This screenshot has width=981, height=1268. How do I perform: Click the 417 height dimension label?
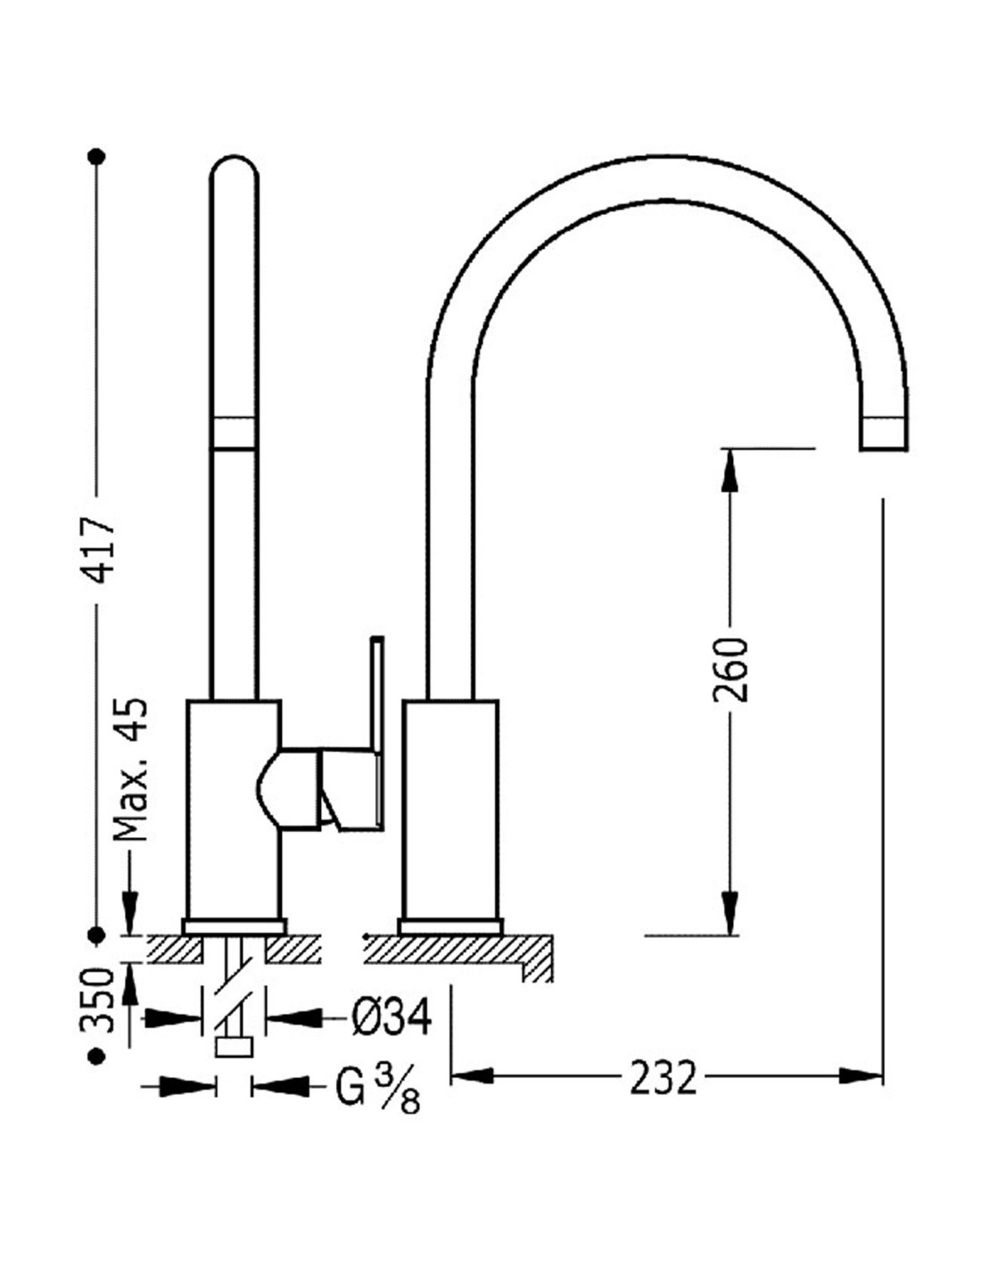(99, 548)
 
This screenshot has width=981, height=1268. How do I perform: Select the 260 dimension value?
(730, 669)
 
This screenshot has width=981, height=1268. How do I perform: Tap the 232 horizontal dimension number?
(663, 1078)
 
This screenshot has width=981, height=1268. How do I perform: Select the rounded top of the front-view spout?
(234, 174)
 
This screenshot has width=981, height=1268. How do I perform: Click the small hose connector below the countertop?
(235, 1046)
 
